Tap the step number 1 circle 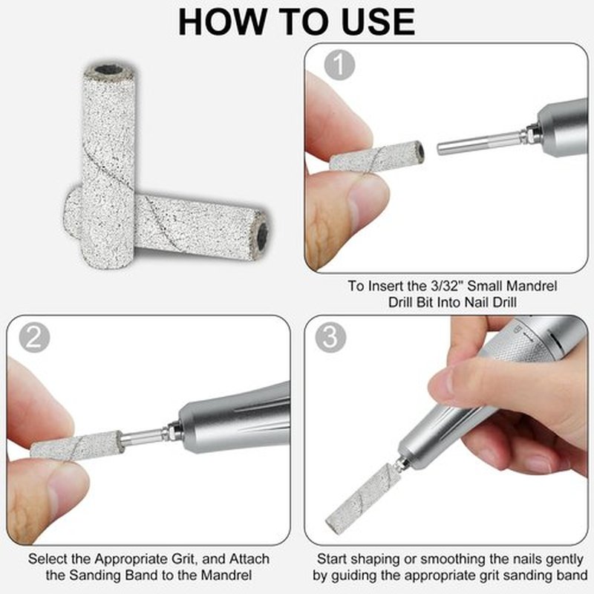click(339, 65)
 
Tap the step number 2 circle click(34, 337)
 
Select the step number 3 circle click(330, 337)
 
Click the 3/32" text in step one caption click(446, 286)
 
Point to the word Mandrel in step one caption click(533, 286)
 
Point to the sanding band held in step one click(377, 157)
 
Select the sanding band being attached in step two click(77, 446)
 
